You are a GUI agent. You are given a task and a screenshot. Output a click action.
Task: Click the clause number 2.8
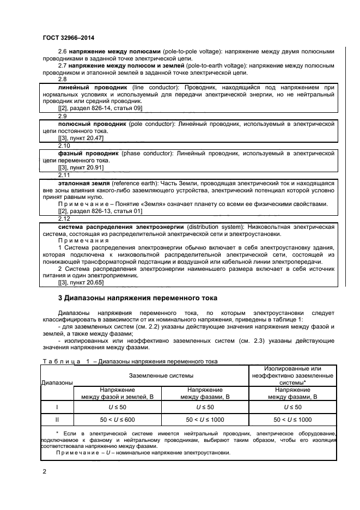[63, 80]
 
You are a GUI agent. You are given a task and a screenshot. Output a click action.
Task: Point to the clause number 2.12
[64, 218]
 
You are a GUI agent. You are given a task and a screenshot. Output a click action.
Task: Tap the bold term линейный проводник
[92, 87]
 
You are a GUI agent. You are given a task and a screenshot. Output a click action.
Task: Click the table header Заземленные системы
[161, 376]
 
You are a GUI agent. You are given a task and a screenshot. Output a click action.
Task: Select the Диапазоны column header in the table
[57, 383]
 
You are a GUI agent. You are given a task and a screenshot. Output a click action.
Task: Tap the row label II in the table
[57, 420]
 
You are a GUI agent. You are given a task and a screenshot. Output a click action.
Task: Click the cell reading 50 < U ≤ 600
[119, 420]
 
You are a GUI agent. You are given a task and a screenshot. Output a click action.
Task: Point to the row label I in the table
[57, 406]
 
